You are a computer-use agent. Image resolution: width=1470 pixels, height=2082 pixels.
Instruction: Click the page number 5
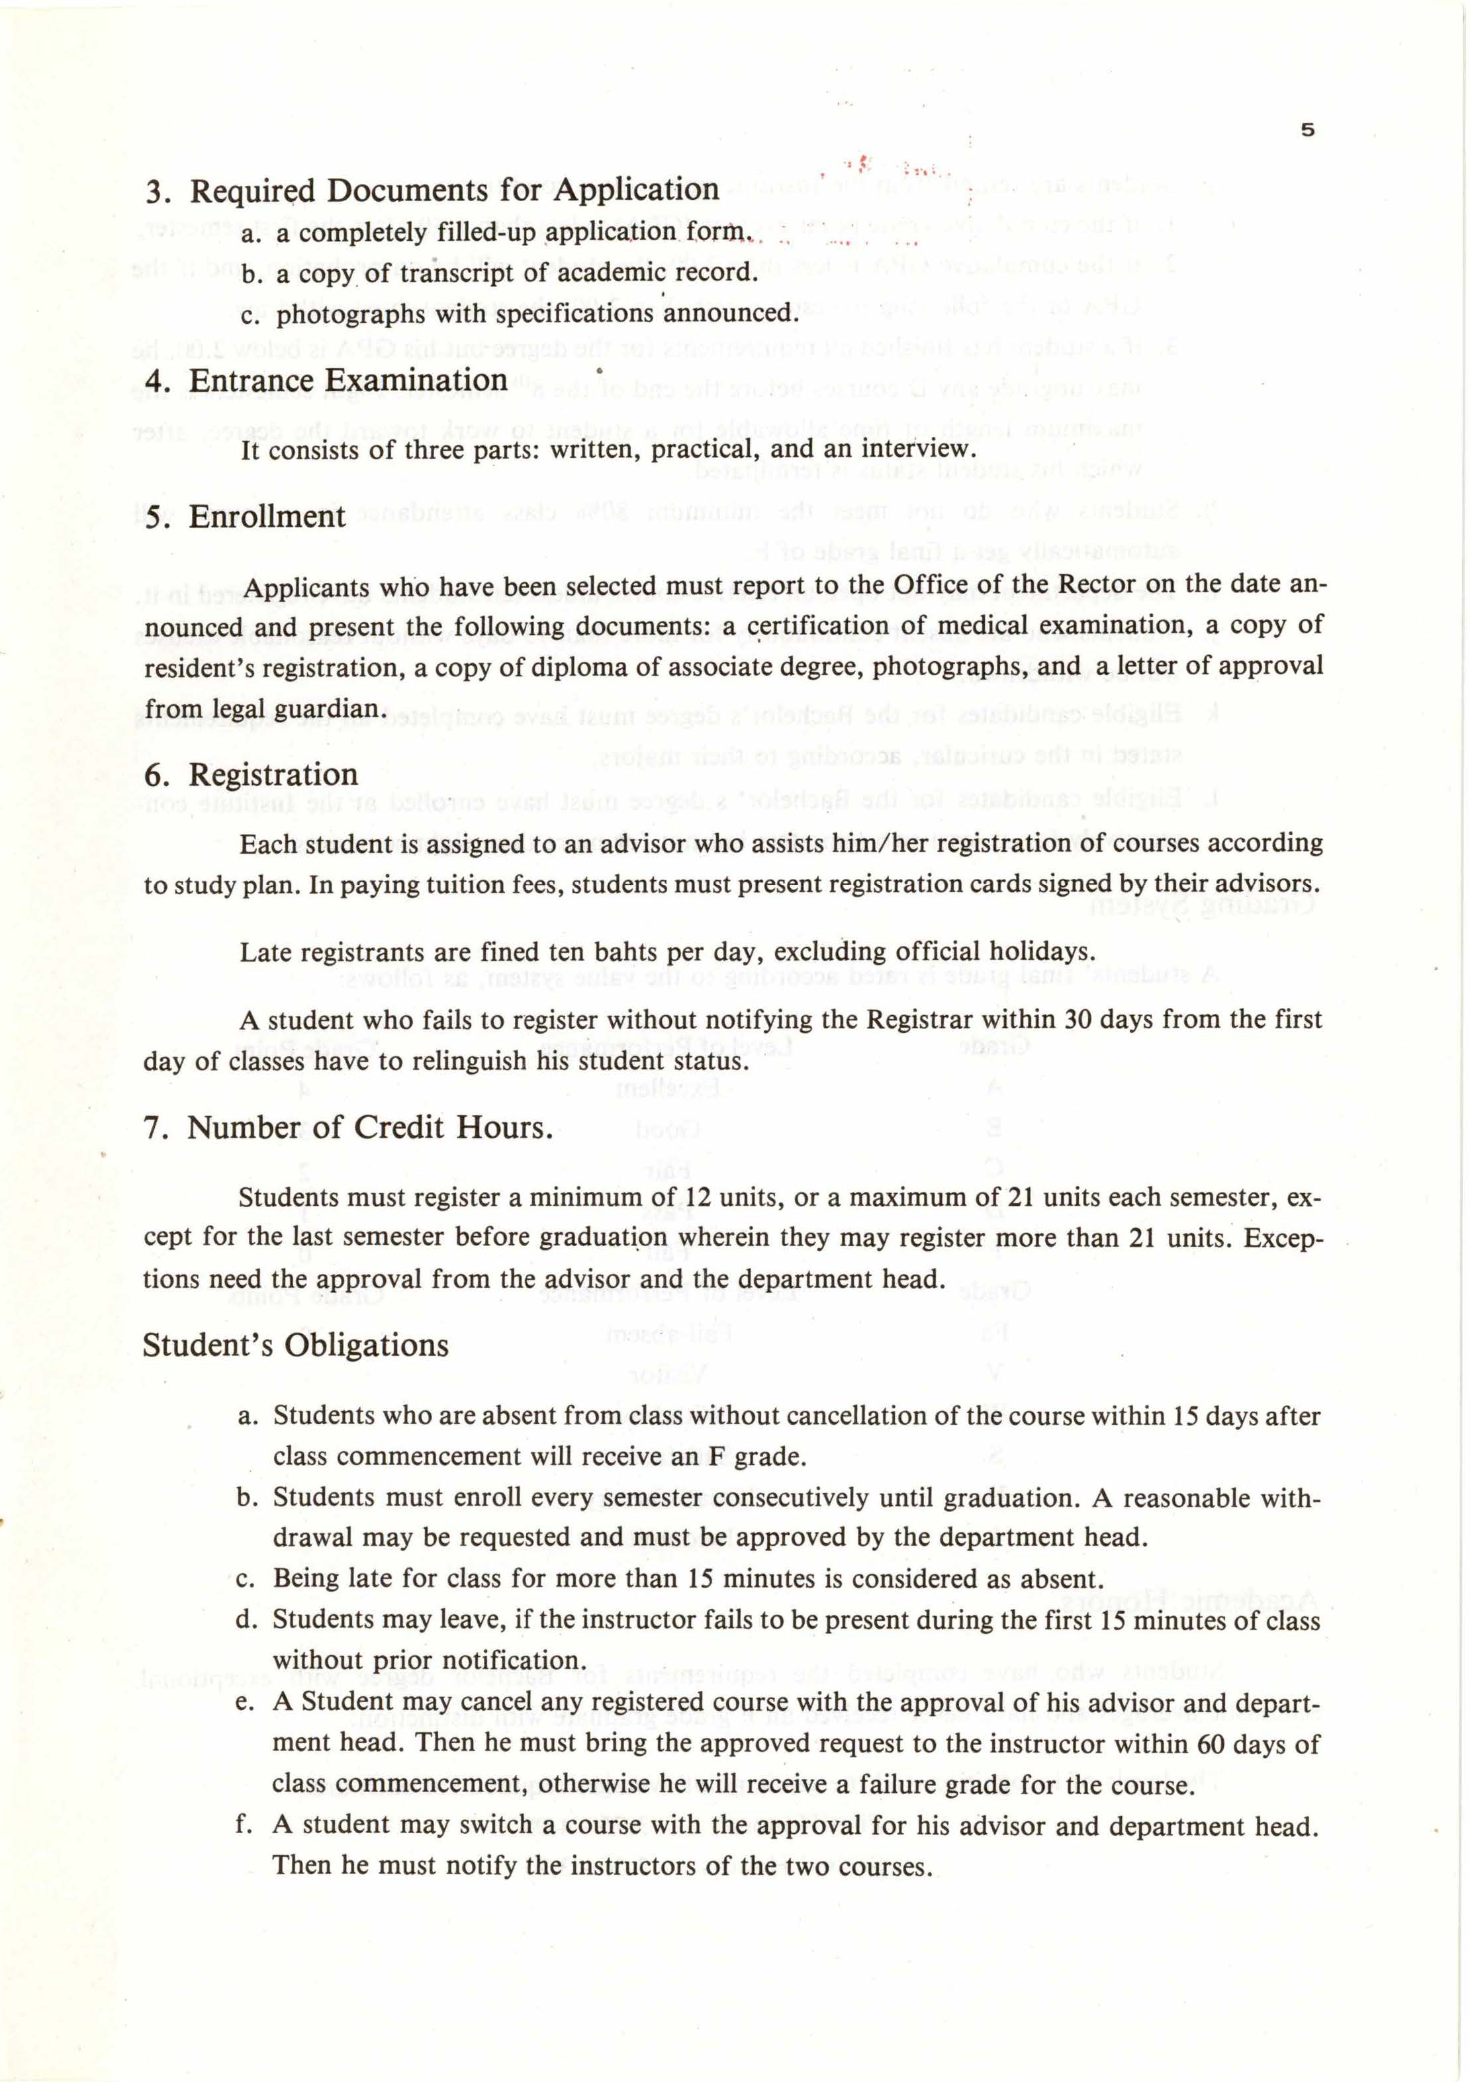tap(1307, 130)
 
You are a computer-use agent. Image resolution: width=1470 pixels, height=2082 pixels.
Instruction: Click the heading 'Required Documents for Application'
tap(453, 191)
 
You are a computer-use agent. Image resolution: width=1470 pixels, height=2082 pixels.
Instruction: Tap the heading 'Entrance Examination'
tap(347, 380)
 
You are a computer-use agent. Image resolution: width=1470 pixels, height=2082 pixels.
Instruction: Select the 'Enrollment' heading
tap(267, 516)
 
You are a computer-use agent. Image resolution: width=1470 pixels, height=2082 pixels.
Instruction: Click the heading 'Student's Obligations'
tap(296, 1345)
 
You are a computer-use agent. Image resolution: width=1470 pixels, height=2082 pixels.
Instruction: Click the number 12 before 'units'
tap(699, 1198)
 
